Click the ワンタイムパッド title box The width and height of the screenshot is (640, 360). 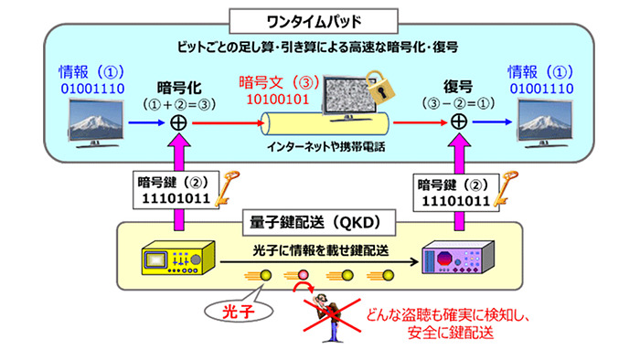319,17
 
